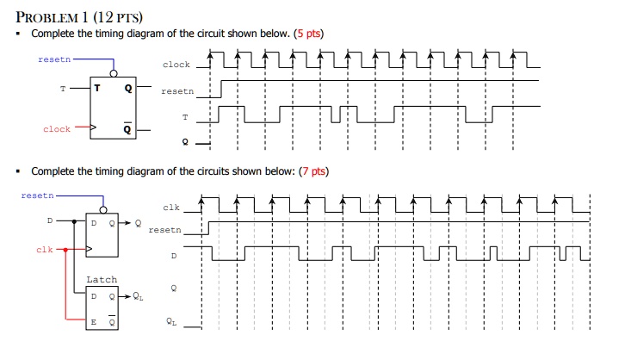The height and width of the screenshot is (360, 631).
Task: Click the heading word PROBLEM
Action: coord(47,17)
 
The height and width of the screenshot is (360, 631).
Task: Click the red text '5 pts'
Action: coord(309,34)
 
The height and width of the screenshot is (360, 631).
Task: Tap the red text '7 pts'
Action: coord(314,171)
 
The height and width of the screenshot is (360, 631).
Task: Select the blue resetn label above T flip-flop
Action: coord(54,59)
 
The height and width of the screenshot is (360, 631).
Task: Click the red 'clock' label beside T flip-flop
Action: coord(57,129)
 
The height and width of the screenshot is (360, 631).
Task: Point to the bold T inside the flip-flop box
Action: coord(97,88)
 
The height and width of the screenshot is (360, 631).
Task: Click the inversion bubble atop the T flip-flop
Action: coord(114,73)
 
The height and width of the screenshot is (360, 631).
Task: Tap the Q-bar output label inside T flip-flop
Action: coord(127,128)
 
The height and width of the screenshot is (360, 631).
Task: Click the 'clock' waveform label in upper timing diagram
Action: coord(176,65)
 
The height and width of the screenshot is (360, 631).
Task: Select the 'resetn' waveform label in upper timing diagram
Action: coord(177,91)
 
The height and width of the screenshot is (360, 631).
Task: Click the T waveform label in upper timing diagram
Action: coord(185,117)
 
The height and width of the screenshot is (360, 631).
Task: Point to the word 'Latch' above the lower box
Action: coord(102,279)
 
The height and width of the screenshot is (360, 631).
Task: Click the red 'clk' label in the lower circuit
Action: coord(44,250)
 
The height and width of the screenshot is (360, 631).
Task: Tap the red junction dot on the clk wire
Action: coord(65,250)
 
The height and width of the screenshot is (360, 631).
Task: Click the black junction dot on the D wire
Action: coord(74,221)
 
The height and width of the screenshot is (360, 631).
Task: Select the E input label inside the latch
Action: coord(93,322)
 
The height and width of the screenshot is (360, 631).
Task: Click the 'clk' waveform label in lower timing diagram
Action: coord(171,208)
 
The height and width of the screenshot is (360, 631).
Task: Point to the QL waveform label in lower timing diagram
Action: coord(171,321)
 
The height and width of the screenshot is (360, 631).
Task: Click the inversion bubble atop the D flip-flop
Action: coord(103,210)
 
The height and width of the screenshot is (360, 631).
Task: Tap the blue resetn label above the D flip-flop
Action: coord(37,196)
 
